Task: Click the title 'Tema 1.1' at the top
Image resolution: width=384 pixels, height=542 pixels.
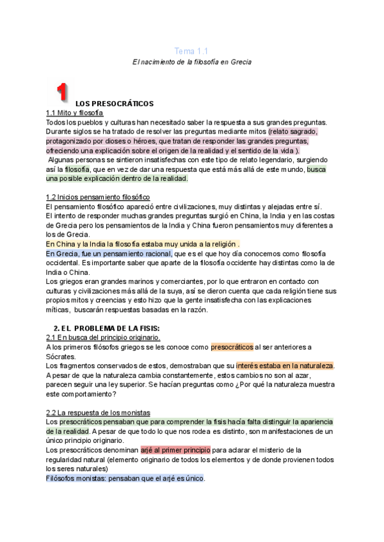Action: pos(191,50)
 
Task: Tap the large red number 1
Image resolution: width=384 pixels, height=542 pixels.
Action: pos(61,92)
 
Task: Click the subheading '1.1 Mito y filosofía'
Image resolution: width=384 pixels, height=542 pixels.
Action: pos(75,112)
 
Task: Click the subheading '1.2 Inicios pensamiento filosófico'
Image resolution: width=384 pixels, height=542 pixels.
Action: pos(98,196)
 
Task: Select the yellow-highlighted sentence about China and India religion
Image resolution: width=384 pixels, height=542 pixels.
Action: pos(143,244)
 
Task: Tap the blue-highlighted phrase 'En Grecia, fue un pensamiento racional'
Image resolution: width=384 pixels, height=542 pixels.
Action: pos(109,253)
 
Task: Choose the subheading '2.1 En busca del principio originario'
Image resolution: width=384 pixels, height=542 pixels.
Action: pos(104,337)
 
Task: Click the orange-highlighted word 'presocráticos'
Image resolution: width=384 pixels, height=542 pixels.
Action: pos(232,347)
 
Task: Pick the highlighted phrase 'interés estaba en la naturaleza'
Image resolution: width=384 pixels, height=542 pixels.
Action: pos(285,366)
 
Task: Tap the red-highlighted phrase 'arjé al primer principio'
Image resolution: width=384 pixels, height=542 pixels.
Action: pos(175,449)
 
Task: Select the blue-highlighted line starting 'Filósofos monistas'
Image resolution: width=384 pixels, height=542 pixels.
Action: pos(125,477)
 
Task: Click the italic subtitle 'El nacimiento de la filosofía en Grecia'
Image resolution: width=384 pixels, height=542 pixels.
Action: pos(191,62)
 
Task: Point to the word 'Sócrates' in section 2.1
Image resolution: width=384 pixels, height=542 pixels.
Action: pos(61,356)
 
